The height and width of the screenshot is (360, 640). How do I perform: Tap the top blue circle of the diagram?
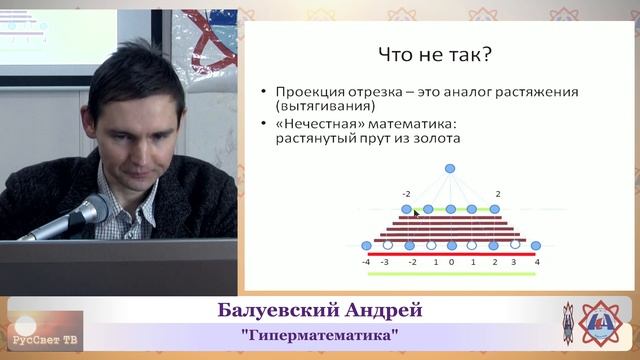450,168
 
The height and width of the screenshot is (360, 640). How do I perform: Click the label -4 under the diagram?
366,261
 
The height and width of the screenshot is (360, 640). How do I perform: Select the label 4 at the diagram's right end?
537,261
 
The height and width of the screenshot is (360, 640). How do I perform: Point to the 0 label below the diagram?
451,262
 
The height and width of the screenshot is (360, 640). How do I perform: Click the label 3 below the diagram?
514,262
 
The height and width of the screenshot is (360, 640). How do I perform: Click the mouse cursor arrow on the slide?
416,213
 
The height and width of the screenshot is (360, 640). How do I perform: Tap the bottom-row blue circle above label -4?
366,244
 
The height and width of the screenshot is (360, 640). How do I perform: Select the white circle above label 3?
514,244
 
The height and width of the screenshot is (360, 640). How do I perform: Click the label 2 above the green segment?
497,193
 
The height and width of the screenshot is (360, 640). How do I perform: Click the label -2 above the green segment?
406,193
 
